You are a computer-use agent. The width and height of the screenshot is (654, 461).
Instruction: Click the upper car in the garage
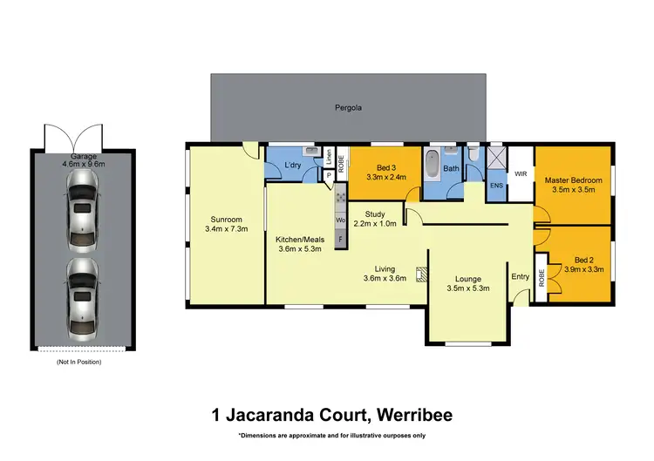click(81, 207)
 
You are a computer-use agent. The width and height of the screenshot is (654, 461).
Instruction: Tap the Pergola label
click(348, 109)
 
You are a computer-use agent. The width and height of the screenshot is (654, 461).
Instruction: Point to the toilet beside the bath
click(473, 154)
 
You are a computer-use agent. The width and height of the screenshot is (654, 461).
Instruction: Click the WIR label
click(521, 174)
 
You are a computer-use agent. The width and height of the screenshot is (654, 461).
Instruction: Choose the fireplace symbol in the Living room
click(421, 275)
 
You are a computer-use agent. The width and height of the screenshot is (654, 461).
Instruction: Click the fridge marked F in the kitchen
click(339, 236)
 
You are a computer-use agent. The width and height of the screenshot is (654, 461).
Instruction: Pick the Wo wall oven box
click(339, 220)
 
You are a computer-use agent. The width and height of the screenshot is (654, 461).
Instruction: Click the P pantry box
click(328, 174)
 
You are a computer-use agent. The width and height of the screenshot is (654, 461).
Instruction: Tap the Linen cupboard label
click(329, 159)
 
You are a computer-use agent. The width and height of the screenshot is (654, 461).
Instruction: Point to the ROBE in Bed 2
click(541, 277)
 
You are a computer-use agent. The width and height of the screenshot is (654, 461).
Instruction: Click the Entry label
click(521, 277)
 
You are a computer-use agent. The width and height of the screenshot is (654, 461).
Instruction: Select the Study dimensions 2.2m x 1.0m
click(375, 223)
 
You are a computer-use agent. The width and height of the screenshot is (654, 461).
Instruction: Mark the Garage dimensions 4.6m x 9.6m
click(83, 163)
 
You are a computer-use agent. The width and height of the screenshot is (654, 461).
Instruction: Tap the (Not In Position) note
click(79, 361)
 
